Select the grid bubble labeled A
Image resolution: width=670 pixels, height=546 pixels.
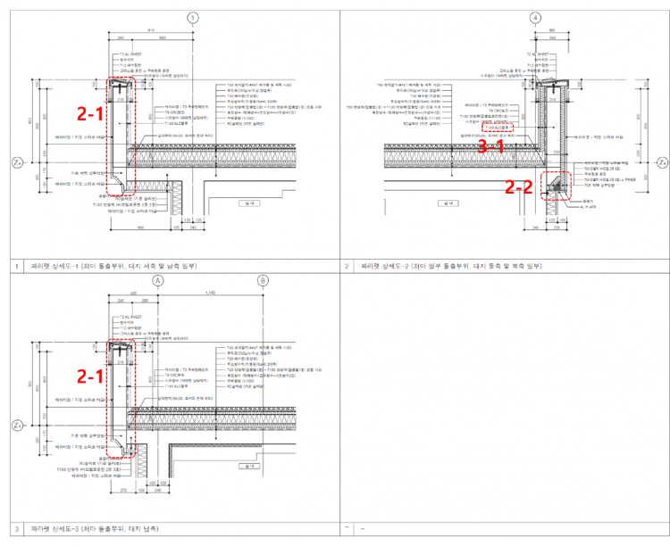(x=159, y=280)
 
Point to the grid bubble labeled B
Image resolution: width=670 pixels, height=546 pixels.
(x=263, y=280)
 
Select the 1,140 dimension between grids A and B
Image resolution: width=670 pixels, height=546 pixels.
(x=211, y=293)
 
